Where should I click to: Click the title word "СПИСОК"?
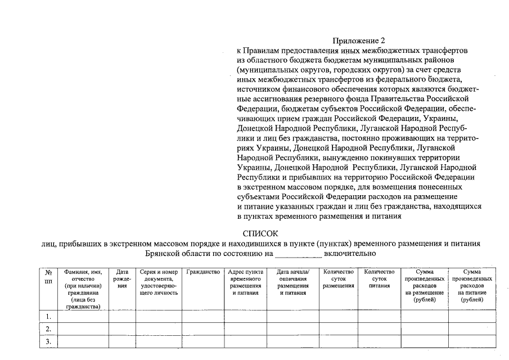(260, 232)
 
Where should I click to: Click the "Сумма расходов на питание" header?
(472, 286)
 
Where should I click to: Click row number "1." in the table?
(48, 317)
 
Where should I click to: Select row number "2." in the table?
(48, 329)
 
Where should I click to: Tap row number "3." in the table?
(48, 341)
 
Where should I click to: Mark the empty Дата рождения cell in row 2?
(122, 329)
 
